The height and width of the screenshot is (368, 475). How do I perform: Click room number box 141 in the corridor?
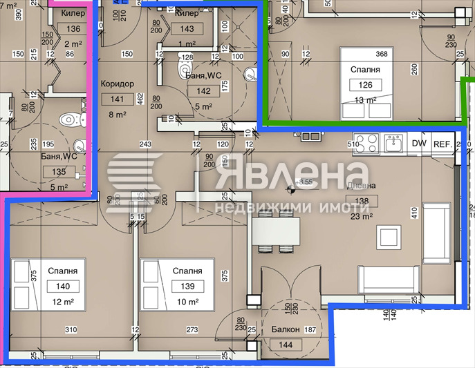point(117,99)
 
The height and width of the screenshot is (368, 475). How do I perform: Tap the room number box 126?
point(365,85)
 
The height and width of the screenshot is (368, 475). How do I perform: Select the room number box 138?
point(362,202)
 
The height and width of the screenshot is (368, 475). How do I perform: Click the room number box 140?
point(64,286)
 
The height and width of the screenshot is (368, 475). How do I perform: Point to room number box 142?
point(204,90)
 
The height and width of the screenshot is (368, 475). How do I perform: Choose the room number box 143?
point(187,29)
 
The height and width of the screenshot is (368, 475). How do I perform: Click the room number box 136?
point(74,29)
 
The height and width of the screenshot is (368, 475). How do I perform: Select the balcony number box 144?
point(285,344)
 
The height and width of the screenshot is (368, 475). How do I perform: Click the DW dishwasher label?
point(419,144)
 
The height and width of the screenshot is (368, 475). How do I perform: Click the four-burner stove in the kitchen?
point(367,144)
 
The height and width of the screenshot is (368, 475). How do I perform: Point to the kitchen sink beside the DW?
point(394,144)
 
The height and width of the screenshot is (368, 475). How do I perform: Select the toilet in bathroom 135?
point(69,119)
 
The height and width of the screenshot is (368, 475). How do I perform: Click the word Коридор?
point(117,84)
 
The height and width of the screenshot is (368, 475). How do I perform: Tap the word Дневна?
point(362,186)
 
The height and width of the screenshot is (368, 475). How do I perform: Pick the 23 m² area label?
point(362,215)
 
